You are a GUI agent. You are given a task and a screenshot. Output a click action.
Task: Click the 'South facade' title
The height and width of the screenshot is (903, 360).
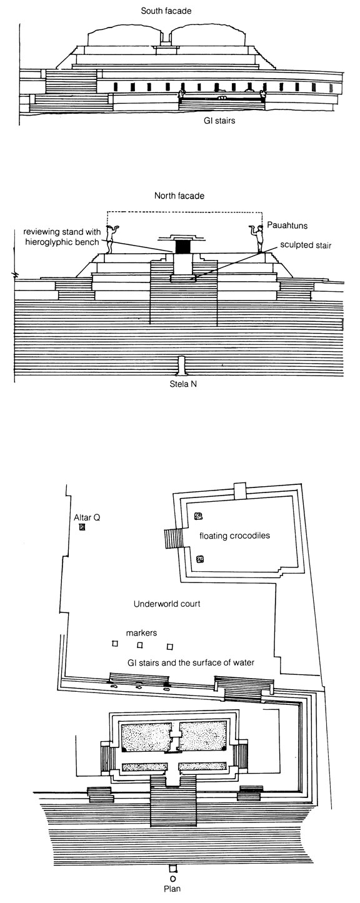point(166,11)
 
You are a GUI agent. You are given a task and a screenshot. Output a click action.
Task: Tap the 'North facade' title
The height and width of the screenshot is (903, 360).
point(179,196)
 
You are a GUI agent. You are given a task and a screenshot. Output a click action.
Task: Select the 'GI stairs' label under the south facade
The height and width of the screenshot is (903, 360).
point(219,120)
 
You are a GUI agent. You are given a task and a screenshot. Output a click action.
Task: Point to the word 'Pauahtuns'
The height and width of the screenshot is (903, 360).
point(287,226)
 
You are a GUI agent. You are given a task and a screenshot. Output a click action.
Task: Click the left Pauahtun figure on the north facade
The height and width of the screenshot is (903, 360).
point(109,240)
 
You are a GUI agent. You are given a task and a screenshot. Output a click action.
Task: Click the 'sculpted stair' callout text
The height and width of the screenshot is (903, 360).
point(306,246)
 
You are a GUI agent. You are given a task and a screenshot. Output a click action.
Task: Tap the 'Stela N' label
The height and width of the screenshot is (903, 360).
point(183,384)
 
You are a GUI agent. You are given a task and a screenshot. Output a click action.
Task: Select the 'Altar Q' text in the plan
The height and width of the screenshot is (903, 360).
point(87,517)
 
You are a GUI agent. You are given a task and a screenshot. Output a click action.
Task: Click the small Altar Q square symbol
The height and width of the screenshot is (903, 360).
point(83,527)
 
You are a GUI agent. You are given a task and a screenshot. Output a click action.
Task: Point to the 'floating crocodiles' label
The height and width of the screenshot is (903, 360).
point(234,536)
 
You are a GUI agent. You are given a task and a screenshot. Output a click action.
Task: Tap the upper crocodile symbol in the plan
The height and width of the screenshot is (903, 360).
point(198,516)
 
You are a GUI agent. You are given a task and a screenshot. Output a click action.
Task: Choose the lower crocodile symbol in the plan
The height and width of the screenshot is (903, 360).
point(199,559)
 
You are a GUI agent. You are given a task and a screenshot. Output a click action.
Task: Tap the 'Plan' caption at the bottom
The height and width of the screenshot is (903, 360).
point(172,897)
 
